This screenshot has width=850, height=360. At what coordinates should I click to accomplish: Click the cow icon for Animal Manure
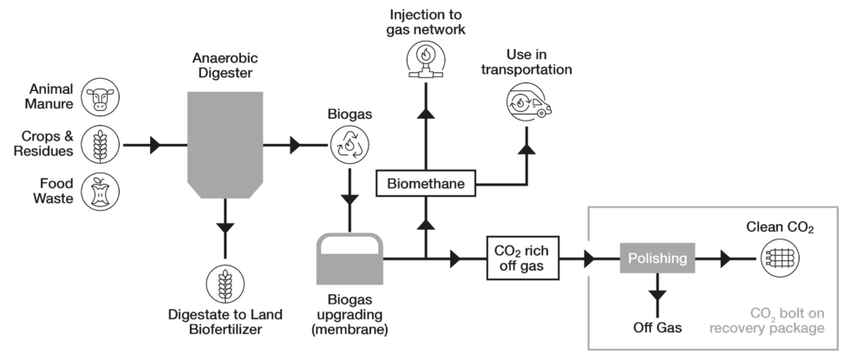click(100, 98)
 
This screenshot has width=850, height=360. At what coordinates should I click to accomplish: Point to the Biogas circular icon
click(349, 145)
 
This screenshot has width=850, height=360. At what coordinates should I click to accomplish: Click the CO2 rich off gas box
click(524, 258)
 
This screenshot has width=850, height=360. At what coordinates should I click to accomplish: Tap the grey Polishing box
click(657, 258)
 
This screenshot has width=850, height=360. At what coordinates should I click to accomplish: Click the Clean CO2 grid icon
click(780, 258)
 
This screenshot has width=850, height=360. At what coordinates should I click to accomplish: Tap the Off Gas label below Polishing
click(657, 328)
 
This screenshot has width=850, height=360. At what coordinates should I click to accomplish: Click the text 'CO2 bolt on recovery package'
click(766, 320)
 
